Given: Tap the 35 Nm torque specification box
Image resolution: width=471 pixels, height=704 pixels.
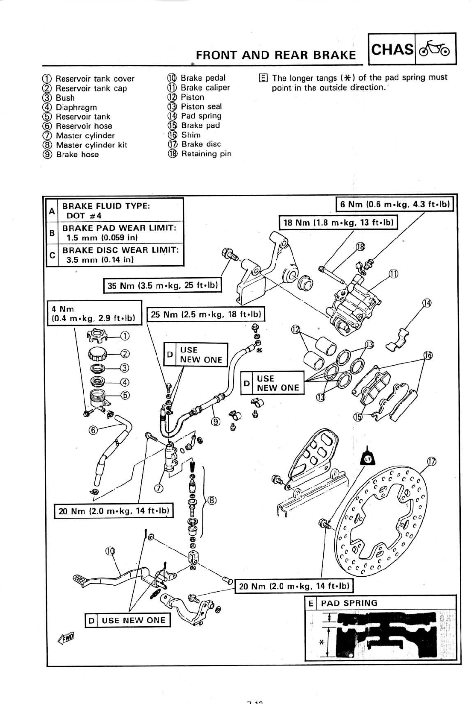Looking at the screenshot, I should pyautogui.click(x=163, y=285).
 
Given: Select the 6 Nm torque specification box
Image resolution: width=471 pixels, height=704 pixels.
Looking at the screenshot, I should pyautogui.click(x=394, y=204).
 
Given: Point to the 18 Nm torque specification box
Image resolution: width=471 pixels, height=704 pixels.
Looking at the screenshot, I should pyautogui.click(x=338, y=223).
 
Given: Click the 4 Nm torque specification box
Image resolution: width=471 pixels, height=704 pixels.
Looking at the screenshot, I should pyautogui.click(x=94, y=314).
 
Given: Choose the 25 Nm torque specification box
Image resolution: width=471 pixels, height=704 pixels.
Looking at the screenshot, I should pyautogui.click(x=206, y=314).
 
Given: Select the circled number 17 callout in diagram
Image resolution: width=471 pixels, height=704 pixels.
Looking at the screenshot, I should pyautogui.click(x=432, y=461).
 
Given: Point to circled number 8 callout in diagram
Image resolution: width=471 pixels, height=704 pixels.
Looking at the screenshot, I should pyautogui.click(x=211, y=501).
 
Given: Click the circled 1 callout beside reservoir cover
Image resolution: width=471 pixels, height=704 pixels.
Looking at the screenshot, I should pyautogui.click(x=125, y=336).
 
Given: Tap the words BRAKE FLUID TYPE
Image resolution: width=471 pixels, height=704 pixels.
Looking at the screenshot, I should pyautogui.click(x=106, y=206).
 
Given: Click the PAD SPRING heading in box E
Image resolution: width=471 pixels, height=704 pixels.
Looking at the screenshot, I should pyautogui.click(x=349, y=603).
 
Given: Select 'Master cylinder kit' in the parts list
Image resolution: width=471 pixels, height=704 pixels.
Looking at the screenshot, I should pyautogui.click(x=91, y=145).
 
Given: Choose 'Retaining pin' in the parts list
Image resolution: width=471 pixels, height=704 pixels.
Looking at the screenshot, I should pyautogui.click(x=206, y=154).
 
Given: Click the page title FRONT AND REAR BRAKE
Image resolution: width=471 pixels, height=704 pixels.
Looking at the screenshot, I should pyautogui.click(x=275, y=55).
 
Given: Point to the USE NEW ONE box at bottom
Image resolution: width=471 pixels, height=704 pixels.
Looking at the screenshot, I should pyautogui.click(x=128, y=620).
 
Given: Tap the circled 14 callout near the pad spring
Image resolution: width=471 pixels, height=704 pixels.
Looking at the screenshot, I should pyautogui.click(x=427, y=303).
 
